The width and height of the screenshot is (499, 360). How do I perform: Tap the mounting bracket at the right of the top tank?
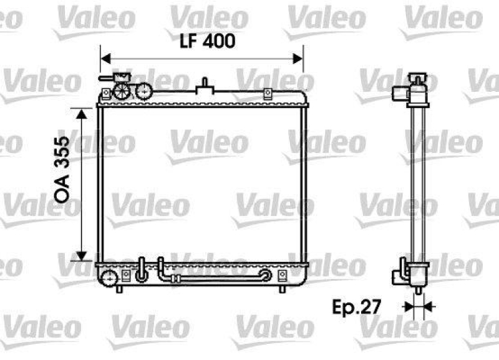click(268, 94)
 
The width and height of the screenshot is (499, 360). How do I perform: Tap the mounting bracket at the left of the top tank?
click(106, 94)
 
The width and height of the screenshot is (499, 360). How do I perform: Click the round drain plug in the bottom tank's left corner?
click(109, 276)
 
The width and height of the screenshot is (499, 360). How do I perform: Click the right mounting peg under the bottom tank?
click(282, 289)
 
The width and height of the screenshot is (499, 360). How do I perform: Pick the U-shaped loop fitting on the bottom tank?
click(142, 270)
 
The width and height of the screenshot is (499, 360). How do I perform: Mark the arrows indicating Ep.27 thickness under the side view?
click(418, 306)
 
